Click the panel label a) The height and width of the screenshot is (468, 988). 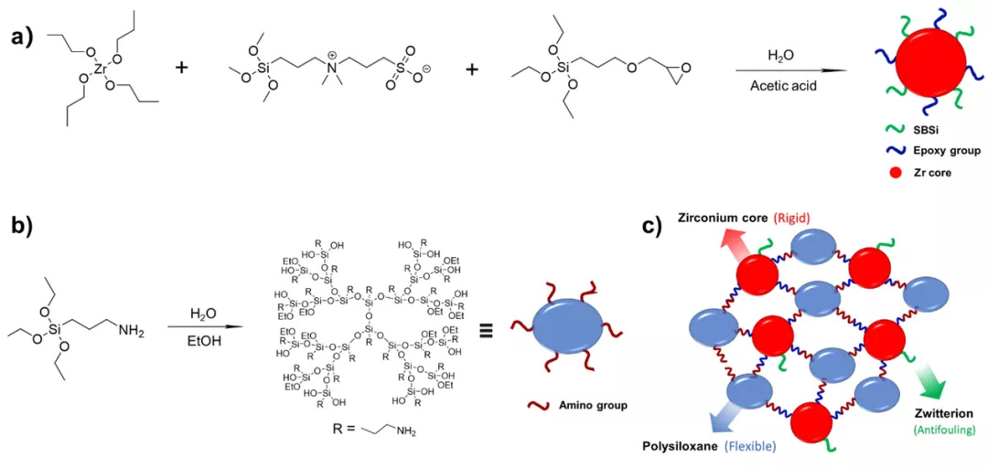click(x=23, y=41)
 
